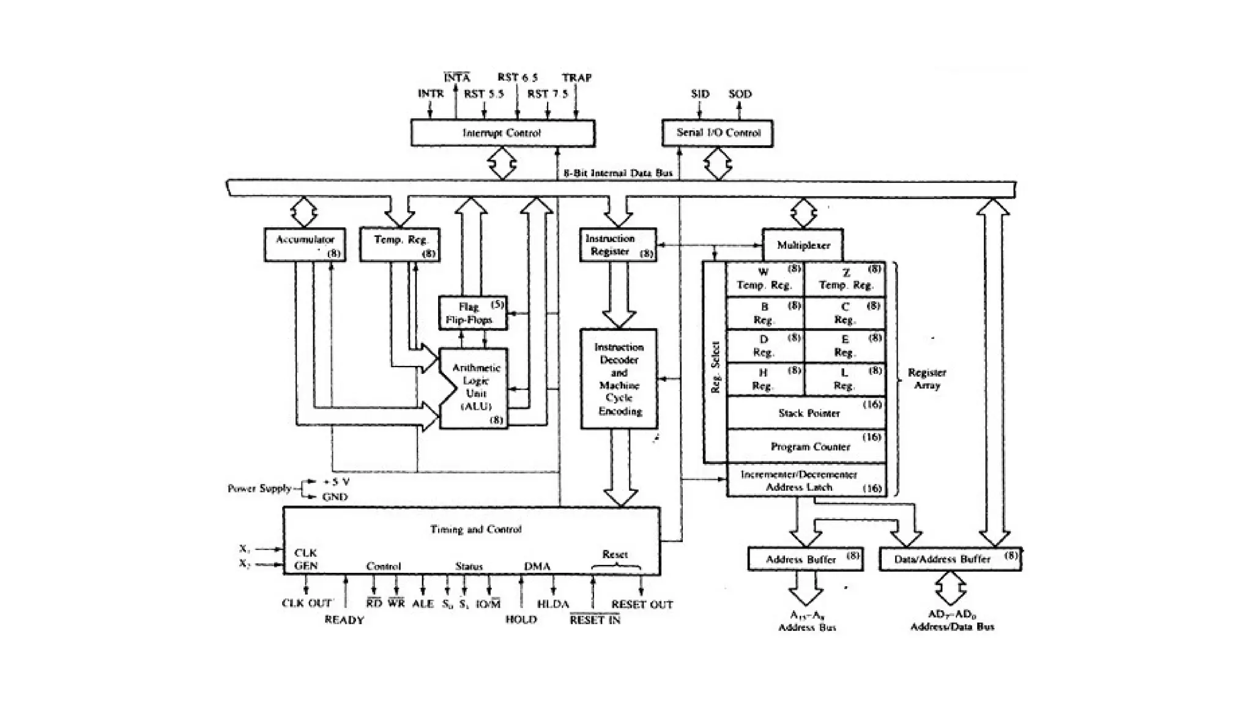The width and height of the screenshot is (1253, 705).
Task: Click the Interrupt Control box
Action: coord(502,133)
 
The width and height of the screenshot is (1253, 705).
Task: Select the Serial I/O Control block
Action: coord(717,133)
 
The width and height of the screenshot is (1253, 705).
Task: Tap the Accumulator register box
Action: coord(305,245)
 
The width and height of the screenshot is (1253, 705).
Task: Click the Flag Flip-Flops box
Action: coord(472,313)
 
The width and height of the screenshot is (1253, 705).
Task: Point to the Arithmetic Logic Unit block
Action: coord(475,388)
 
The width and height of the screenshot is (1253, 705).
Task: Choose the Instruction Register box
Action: coord(617,245)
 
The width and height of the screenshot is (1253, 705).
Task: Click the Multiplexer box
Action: coord(803,245)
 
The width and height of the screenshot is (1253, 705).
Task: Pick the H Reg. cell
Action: coord(765,379)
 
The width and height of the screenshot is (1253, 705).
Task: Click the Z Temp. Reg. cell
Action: coord(845,279)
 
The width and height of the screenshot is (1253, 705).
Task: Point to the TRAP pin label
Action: coord(576,78)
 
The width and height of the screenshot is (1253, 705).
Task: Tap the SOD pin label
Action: coord(740,94)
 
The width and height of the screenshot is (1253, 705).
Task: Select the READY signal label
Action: coord(344,620)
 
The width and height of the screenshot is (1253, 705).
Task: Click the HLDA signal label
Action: coord(553,604)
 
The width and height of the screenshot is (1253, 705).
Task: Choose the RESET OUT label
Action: coord(642,605)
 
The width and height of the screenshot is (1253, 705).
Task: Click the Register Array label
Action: coord(926,379)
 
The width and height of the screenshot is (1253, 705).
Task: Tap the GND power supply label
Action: coord(335,497)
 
